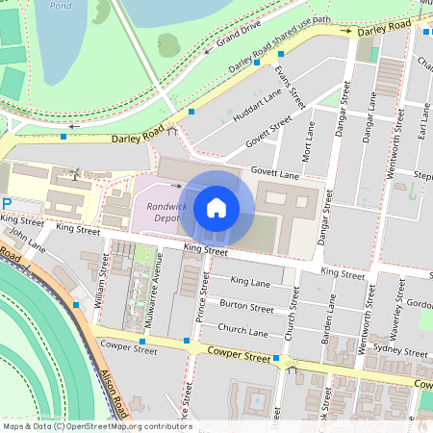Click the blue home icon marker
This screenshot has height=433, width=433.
(x=216, y=208)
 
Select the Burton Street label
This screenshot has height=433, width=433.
(x=246, y=306)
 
